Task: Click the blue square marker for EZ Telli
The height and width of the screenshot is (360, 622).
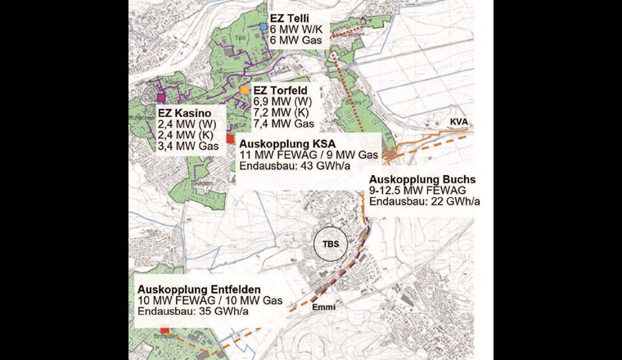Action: click(263, 26)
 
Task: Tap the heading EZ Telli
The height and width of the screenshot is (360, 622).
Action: click(290, 16)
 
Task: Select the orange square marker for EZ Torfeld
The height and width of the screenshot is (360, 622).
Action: click(245, 88)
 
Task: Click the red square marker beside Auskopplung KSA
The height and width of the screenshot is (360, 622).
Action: click(230, 139)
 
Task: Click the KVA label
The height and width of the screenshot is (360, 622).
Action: click(458, 122)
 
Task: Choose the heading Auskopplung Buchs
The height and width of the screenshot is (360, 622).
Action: click(422, 178)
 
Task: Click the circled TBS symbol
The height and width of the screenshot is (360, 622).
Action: click(331, 245)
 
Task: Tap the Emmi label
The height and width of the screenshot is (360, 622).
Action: click(323, 307)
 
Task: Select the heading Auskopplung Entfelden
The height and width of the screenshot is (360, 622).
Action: click(199, 289)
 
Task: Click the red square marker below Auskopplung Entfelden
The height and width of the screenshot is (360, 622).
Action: click(165, 331)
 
